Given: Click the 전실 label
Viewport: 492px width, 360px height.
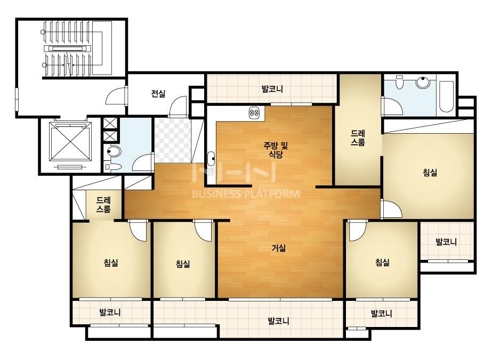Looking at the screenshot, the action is [x=158, y=93].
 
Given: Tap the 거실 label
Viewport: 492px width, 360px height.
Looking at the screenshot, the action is [x=279, y=248].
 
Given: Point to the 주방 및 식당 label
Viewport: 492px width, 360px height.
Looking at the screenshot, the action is [x=276, y=150].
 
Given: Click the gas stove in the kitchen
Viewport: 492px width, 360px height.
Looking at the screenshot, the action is [x=254, y=112].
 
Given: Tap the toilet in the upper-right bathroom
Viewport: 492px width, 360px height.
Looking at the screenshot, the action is [x=400, y=83].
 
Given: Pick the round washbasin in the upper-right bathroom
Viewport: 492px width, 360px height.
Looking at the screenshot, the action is [x=422, y=82].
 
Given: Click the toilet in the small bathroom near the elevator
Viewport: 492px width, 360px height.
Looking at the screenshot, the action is [x=114, y=152].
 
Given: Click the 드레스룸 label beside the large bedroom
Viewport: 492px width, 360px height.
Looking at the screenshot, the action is [x=358, y=138].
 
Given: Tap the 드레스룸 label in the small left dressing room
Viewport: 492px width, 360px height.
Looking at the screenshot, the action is [x=103, y=204].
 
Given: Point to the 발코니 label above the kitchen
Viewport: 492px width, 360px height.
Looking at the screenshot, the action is [x=272, y=89].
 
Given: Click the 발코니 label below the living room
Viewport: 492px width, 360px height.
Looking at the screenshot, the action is [x=279, y=321].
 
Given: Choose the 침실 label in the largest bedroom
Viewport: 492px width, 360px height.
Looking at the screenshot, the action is [x=430, y=172].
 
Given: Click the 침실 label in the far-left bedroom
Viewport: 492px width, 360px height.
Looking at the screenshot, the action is [x=111, y=262].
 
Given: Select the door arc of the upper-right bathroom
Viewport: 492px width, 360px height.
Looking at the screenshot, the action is [x=392, y=106].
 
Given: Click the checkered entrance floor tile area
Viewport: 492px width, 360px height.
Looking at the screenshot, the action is [x=172, y=140].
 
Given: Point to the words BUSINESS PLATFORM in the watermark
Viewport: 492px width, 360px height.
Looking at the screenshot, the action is [x=246, y=194].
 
